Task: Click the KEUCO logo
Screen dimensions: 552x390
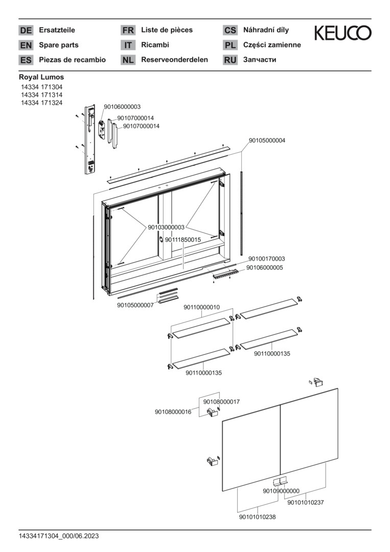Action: coord(342,33)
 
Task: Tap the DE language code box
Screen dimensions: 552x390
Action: coord(26,31)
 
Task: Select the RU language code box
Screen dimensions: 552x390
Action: coord(230,60)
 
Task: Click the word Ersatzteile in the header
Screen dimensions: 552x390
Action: coord(57,30)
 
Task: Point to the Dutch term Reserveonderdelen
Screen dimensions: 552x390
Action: coord(174,60)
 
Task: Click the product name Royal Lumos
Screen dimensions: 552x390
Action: coord(41,77)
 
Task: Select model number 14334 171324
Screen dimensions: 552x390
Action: coord(42,103)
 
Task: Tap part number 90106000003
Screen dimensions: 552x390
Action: coord(122,107)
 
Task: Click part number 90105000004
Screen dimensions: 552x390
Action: coord(267,140)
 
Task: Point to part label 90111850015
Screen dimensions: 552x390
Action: coord(182,239)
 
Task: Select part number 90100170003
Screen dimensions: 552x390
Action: coord(267,259)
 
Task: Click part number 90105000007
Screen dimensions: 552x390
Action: coord(135,305)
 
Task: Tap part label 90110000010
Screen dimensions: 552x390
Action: coord(201,307)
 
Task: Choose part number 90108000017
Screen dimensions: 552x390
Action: coord(221,402)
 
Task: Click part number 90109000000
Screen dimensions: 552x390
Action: coord(281,491)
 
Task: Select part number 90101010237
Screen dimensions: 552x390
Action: coord(306,502)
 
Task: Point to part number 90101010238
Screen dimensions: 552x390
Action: coord(257,517)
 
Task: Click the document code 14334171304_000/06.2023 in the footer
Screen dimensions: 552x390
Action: coord(59,536)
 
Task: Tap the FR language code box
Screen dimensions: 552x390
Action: coord(128,31)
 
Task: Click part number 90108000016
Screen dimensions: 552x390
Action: coord(173,411)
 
